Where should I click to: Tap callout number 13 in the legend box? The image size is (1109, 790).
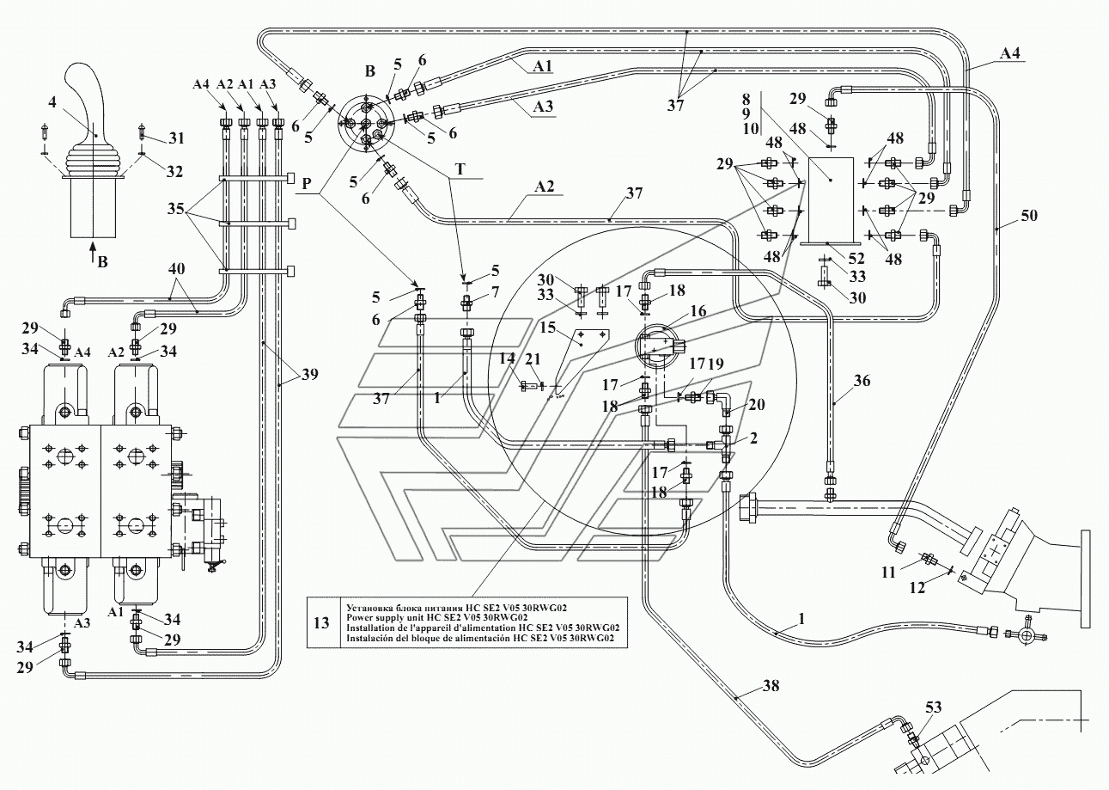point(321,622)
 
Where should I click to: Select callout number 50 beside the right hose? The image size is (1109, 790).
point(1029,216)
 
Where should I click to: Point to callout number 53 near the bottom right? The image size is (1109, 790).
point(933,707)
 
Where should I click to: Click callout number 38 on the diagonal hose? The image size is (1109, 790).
point(771,685)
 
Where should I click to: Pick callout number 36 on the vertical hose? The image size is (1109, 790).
point(862,381)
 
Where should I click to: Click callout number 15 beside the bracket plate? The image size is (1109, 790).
point(548,328)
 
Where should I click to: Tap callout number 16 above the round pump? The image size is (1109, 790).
point(698,311)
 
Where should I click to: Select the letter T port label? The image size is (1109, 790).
point(460,169)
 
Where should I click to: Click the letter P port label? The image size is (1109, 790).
point(307,184)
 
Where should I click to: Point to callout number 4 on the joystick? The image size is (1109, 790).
point(52,102)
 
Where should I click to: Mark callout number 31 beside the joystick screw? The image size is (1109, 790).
point(176,138)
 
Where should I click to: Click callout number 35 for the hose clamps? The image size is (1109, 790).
point(176,209)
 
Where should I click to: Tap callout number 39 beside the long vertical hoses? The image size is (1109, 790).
point(309,374)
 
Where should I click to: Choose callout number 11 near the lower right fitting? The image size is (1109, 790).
point(889,572)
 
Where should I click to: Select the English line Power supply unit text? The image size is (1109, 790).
point(436,617)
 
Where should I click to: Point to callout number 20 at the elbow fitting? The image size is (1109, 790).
point(757,405)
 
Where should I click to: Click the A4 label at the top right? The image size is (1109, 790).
point(1010,53)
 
